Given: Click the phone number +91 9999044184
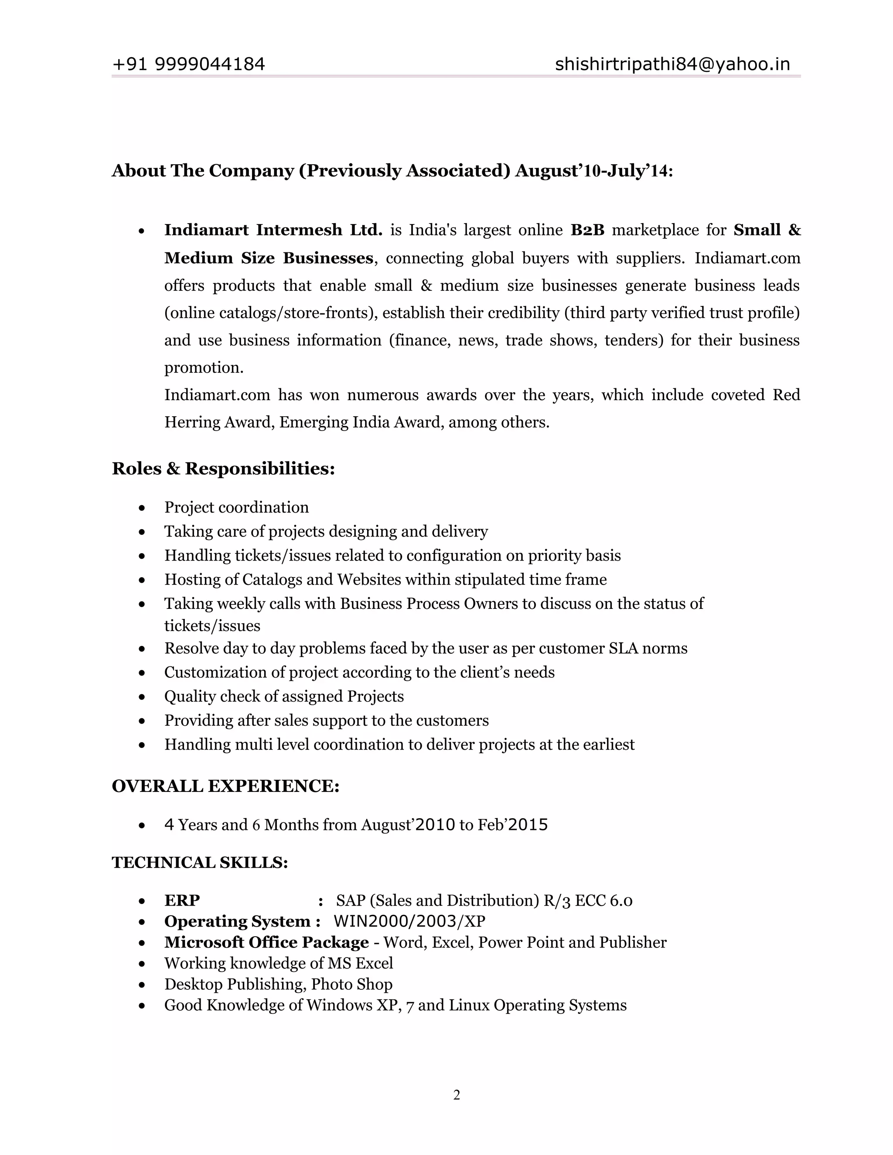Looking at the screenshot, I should click(x=188, y=65).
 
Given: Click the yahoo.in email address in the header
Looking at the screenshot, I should click(x=672, y=65).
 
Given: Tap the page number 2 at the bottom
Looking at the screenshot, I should click(x=457, y=1095).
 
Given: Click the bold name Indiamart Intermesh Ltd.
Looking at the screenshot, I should click(x=273, y=230).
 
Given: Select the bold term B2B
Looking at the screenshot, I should click(x=587, y=230).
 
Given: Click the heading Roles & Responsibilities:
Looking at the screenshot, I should click(x=223, y=469).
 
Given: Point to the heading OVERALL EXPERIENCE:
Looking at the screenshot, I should click(x=225, y=786).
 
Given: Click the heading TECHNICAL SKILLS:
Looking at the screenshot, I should click(x=199, y=863).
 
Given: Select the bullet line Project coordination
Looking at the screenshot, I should click(x=236, y=508).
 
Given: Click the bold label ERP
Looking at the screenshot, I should click(x=182, y=900).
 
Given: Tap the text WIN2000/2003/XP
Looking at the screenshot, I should click(x=409, y=921).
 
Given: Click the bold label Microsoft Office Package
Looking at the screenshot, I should click(x=266, y=942).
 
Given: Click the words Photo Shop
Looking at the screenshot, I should click(x=351, y=984).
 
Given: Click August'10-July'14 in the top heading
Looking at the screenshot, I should click(x=593, y=171).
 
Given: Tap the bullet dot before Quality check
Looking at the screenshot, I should click(x=142, y=697).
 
